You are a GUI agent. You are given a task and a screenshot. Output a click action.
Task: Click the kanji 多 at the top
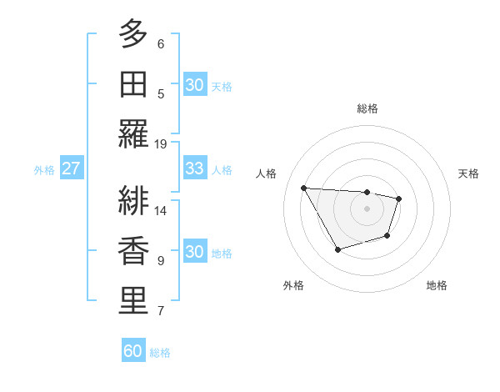pyautogui.click(x=133, y=34)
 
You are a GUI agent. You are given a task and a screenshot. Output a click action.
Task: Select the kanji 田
pyautogui.click(x=133, y=86)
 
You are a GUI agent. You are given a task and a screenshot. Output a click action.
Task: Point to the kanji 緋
pyautogui.click(x=133, y=200)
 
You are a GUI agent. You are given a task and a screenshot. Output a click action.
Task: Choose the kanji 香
pyautogui.click(x=133, y=251)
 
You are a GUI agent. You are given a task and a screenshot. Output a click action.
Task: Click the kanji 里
pyautogui.click(x=133, y=301)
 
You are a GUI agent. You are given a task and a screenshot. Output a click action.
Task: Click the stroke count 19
pyautogui.click(x=161, y=143)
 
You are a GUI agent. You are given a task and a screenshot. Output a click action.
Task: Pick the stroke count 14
pyautogui.click(x=161, y=210)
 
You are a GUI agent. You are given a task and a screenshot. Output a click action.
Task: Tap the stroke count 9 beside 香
pyautogui.click(x=161, y=260)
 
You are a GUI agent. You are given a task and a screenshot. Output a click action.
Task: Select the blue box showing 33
pyautogui.click(x=194, y=168)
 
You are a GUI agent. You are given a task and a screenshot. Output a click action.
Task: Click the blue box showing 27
pyautogui.click(x=71, y=168)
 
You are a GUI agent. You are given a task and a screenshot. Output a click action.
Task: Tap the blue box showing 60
pyautogui.click(x=133, y=351)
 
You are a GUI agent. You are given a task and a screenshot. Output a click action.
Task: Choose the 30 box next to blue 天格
pyautogui.click(x=194, y=85)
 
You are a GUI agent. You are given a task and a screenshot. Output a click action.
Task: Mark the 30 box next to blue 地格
pyautogui.click(x=194, y=252)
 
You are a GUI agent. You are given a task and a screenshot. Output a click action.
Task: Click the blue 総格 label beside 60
pyautogui.click(x=160, y=353)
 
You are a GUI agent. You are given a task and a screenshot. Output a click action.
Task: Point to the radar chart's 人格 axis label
pyautogui.click(x=267, y=173)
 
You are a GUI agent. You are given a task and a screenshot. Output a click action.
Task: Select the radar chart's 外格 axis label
pyautogui.click(x=293, y=285)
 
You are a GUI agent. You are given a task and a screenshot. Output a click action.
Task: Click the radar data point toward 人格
pyautogui.click(x=303, y=188)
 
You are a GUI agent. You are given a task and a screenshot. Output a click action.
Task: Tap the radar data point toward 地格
pyautogui.click(x=387, y=236)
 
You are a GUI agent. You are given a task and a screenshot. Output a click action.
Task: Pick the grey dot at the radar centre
pyautogui.click(x=367, y=209)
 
